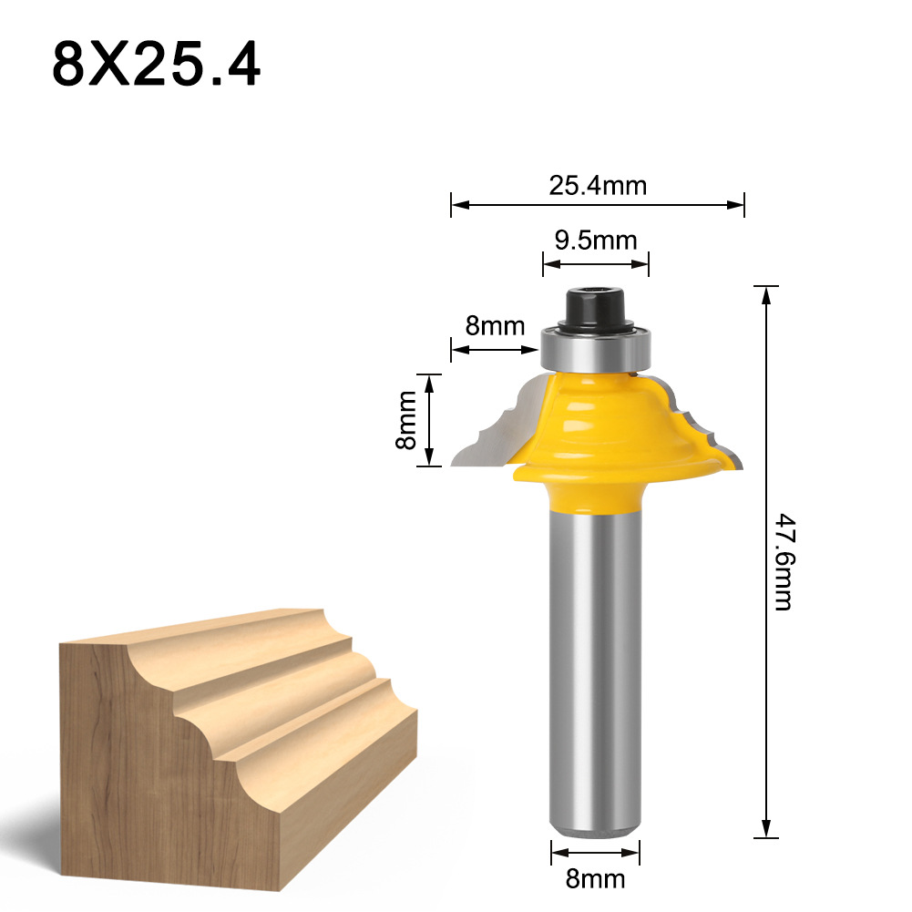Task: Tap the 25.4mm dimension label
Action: (x=597, y=186)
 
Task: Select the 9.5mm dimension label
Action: (x=596, y=241)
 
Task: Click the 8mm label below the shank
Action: (x=595, y=878)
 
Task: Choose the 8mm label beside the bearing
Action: (x=496, y=325)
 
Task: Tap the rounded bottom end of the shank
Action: (x=595, y=825)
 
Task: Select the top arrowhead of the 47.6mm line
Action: (x=766, y=293)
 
